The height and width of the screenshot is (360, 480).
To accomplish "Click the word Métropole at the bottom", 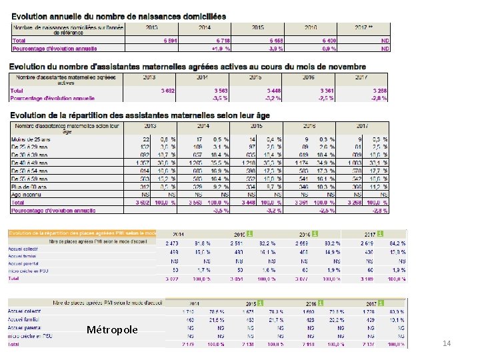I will [x=112, y=330].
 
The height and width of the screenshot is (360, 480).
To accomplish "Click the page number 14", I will [x=447, y=343].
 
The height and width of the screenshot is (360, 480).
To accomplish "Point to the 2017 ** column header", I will [x=364, y=29].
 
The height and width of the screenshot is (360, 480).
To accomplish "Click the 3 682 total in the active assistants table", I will [x=154, y=90].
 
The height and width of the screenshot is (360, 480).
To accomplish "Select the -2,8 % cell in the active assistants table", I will [x=378, y=97].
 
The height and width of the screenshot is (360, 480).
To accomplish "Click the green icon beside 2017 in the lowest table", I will [x=380, y=302].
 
